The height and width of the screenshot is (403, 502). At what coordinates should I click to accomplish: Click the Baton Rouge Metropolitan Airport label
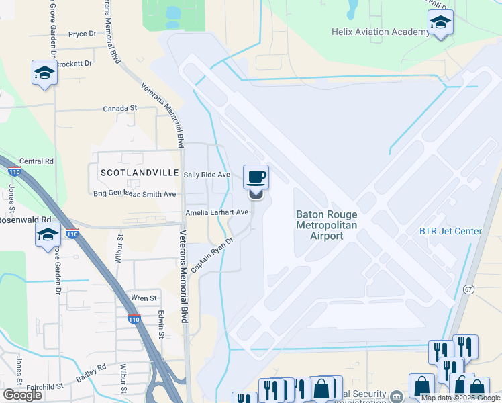click(x=326, y=225)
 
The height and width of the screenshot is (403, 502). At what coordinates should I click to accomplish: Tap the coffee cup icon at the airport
click(x=256, y=177)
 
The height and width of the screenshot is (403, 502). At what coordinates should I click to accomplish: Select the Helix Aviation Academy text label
click(x=380, y=32)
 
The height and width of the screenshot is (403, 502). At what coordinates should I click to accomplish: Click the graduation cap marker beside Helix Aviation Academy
click(x=440, y=24)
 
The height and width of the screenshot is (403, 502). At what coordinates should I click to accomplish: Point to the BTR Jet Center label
click(x=450, y=232)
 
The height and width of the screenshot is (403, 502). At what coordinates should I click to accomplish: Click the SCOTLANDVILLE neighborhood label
click(x=140, y=173)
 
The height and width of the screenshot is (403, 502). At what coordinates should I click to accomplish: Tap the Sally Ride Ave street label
click(x=207, y=175)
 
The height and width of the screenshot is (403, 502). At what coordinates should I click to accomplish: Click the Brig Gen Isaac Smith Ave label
click(x=134, y=194)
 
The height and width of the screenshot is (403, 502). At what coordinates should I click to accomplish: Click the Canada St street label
click(x=119, y=108)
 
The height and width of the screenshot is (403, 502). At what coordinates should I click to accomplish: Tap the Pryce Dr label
click(x=83, y=34)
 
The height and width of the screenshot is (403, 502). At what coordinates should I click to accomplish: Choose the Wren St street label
click(x=144, y=298)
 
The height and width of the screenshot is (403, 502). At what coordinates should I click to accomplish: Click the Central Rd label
click(x=36, y=161)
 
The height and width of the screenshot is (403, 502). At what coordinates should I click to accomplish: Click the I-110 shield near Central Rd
click(x=14, y=172)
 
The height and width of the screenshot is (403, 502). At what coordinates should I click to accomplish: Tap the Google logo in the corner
click(x=22, y=394)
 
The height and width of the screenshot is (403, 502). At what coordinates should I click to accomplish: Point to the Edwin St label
click(x=162, y=324)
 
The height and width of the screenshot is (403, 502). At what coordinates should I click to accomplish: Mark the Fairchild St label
click(x=44, y=387)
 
